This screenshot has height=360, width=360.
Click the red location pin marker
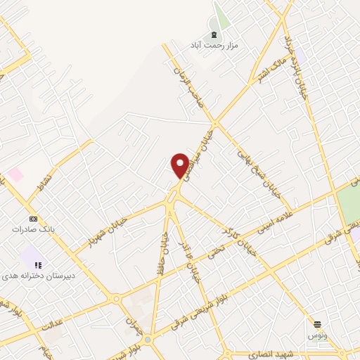[x=180, y=165]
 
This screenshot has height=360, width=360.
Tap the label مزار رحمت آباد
[x=214, y=44]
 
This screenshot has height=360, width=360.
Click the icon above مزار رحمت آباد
[x=214, y=34]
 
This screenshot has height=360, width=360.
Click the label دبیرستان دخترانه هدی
[x=38, y=276]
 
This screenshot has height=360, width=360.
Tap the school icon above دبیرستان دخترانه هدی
[x=39, y=266]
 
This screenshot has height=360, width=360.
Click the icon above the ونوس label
[x=318, y=323]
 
